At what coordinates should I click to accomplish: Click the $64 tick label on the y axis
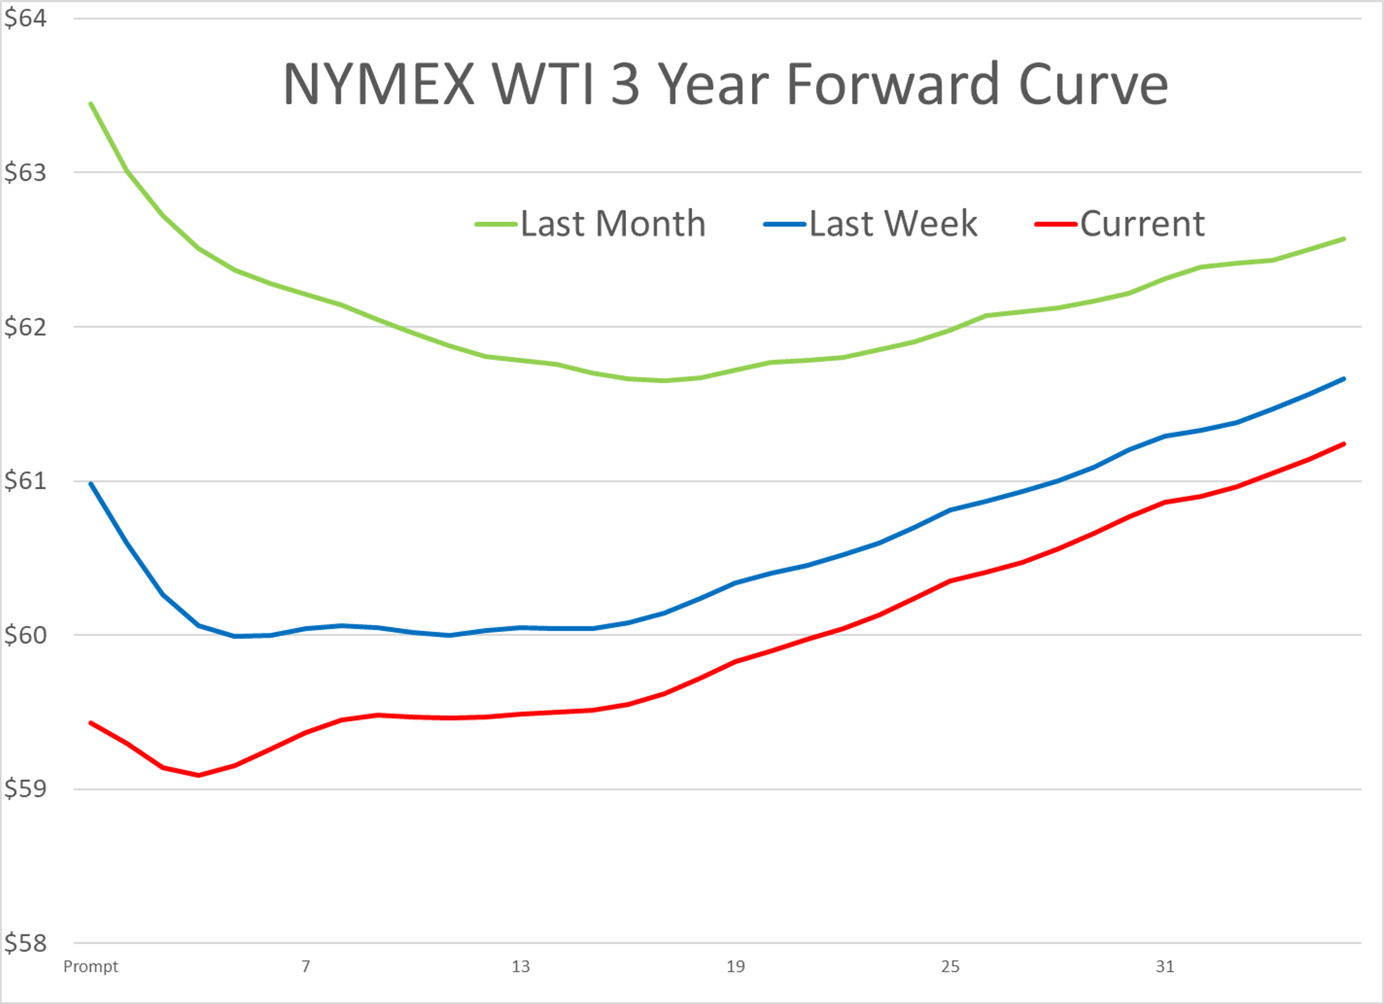(25, 18)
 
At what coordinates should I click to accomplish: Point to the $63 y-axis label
(25, 173)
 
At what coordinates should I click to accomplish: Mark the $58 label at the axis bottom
(25, 943)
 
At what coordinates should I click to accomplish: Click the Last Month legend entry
(613, 223)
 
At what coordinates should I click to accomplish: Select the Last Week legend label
(893, 223)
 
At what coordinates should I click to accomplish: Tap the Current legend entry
(1142, 223)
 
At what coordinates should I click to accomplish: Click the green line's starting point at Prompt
(91, 104)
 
